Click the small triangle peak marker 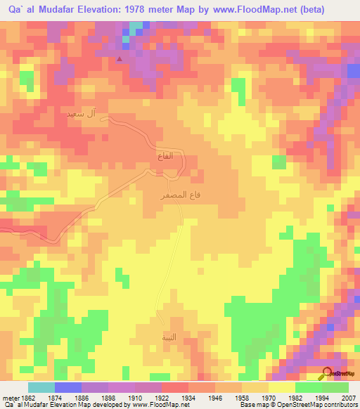(x=120, y=59)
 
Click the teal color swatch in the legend (x=41, y=387)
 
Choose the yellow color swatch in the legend (x=281, y=387)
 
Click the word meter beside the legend (x=9, y=398)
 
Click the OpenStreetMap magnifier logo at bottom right (x=327, y=372)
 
